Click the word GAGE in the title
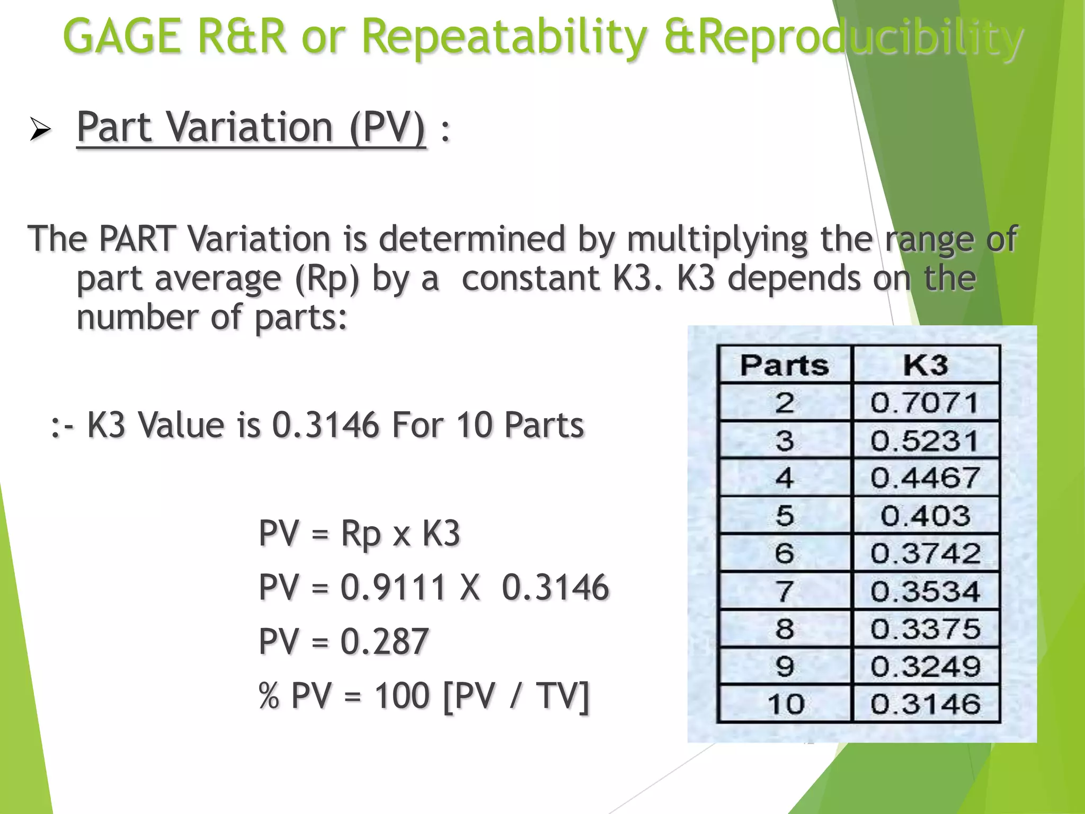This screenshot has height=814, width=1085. coord(122,36)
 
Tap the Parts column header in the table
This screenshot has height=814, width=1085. coord(785,365)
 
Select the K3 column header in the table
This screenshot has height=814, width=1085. coord(926,365)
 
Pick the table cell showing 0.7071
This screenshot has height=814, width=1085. coord(925,403)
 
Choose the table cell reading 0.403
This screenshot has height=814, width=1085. coord(925,516)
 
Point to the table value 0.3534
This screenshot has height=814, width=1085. coord(925,591)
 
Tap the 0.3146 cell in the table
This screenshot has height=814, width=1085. coord(925,704)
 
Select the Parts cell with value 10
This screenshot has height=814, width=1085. coord(785,704)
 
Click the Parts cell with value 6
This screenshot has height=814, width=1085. coord(785,553)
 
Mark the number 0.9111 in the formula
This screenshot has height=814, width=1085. coord(393,587)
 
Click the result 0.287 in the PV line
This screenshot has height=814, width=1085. coord(384,641)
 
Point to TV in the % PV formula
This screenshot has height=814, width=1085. coord(562,695)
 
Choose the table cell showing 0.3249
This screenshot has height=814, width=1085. coord(925,666)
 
